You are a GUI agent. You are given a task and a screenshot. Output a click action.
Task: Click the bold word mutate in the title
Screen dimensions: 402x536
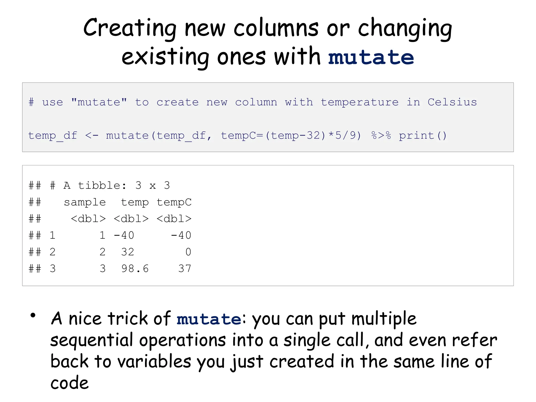371,58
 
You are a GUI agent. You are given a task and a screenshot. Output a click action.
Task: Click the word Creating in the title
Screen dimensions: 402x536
130,28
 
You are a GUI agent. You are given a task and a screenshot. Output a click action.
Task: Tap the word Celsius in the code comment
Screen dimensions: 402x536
452,102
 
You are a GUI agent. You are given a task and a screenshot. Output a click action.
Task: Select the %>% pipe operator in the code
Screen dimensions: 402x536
381,136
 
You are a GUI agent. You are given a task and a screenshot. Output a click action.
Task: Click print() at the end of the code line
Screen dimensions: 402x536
422,136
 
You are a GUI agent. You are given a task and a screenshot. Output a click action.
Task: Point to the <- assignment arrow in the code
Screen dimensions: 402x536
92,136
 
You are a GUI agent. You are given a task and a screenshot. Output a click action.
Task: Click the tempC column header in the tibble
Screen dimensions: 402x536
174,202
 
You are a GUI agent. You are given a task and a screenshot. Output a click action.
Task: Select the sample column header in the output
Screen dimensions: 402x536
85,202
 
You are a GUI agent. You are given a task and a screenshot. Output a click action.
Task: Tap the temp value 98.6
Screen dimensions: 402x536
135,269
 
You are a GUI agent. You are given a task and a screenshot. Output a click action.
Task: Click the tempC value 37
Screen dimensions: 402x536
185,269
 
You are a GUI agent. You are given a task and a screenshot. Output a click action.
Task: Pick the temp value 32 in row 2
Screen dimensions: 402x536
128,252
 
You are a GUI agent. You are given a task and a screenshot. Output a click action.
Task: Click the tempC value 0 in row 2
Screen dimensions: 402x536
188,252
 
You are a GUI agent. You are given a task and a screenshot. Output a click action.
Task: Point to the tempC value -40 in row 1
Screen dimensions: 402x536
181,235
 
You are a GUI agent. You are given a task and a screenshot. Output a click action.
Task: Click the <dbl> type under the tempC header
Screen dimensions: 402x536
174,219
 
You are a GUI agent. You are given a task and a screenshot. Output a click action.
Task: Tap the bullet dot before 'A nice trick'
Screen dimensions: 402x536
33,315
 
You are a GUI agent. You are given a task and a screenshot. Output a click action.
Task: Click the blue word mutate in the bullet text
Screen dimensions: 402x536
209,319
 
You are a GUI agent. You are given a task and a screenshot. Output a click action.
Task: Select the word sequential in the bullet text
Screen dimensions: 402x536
92,340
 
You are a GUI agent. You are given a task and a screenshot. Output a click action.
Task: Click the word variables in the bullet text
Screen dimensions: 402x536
154,362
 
